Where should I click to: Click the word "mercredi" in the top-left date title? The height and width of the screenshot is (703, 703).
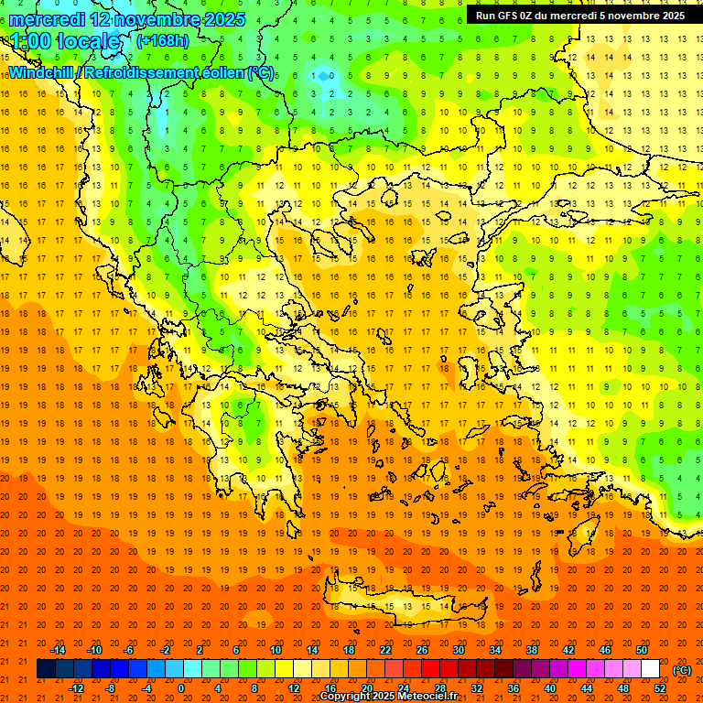click(x=47, y=18)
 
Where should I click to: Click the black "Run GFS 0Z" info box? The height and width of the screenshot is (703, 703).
click(x=580, y=16)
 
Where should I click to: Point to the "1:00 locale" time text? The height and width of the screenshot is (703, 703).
click(x=65, y=41)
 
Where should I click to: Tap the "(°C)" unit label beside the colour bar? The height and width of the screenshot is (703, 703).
click(x=682, y=670)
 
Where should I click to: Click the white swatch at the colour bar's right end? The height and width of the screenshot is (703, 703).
click(x=651, y=669)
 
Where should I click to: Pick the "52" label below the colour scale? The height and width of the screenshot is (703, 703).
click(x=660, y=688)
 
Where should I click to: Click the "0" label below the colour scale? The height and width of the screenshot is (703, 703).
click(x=180, y=688)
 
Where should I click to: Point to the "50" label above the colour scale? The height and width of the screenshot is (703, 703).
click(x=642, y=650)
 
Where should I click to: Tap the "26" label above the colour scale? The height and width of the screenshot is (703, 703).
click(x=422, y=650)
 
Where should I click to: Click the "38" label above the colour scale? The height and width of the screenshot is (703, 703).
click(x=532, y=650)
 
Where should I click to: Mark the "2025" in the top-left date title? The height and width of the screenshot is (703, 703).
click(x=220, y=18)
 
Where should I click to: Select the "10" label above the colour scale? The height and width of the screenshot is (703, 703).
click(x=276, y=650)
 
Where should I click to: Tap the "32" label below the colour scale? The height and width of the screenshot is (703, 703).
click(x=477, y=688)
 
